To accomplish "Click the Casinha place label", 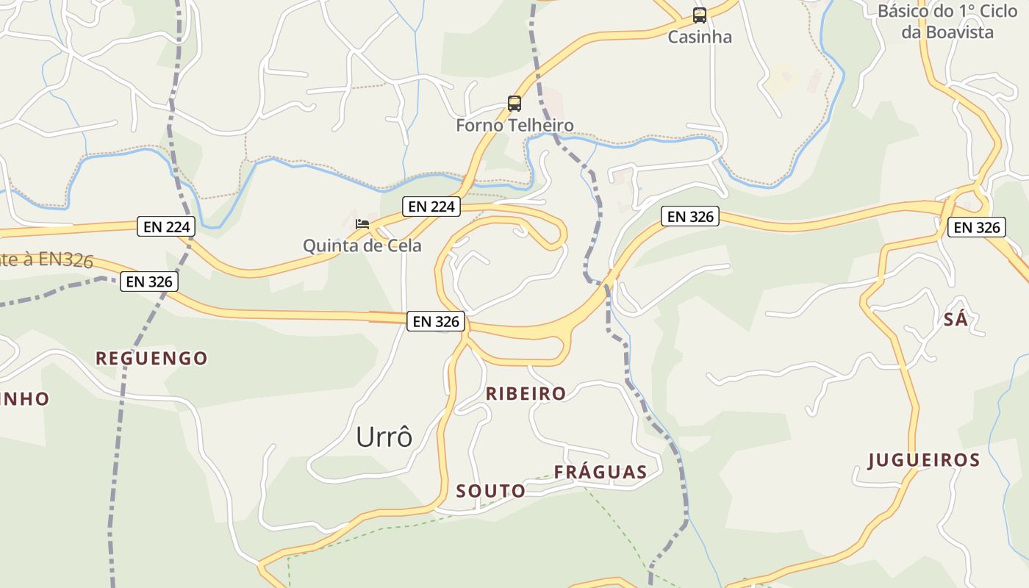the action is [699, 37].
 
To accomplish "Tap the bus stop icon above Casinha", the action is [700, 15].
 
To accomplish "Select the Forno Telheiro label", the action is [514, 125].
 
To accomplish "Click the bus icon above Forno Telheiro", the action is [514, 104].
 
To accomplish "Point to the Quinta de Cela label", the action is [362, 245].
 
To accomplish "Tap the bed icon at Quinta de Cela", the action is [362, 223].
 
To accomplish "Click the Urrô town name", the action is [384, 437].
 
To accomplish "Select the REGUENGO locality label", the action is [151, 359].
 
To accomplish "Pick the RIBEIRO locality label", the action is [526, 394].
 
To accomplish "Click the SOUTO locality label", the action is [491, 491].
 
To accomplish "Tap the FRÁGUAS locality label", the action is [600, 473].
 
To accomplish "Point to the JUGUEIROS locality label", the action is [924, 461].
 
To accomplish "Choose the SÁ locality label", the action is [955, 320].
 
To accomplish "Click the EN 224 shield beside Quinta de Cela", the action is [431, 207].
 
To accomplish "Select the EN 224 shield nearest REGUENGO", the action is [167, 227].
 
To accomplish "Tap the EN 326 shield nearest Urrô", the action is [436, 321].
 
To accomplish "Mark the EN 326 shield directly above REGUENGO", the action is [149, 282].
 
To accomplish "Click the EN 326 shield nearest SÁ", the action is [976, 228].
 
